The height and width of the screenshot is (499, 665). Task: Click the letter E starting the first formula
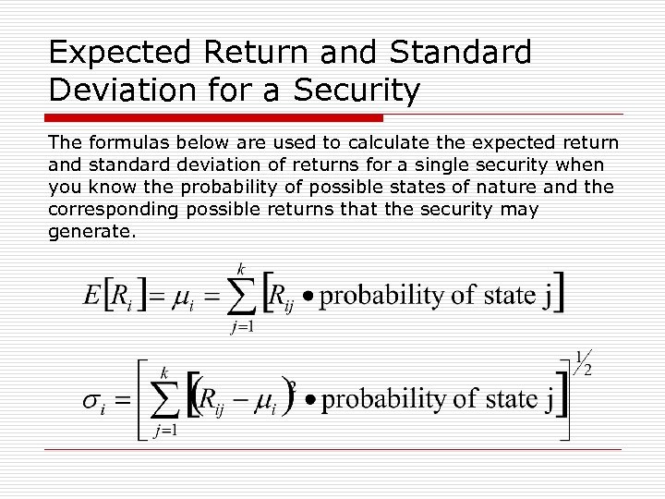(91, 296)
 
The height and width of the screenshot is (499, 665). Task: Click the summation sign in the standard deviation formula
(164, 400)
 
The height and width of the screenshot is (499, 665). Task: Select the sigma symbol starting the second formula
(91, 403)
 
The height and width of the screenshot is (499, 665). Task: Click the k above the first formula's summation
(242, 269)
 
